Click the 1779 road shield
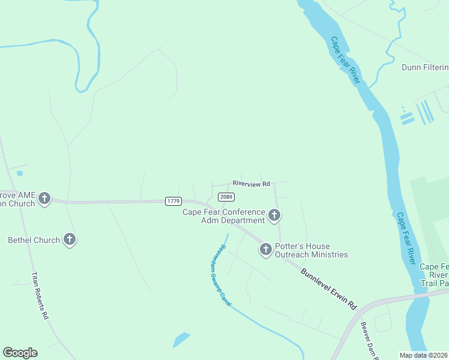click(173, 202)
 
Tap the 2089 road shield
click(226, 197)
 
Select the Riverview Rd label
click(252, 183)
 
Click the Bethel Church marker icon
click(70, 240)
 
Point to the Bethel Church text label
click(34, 240)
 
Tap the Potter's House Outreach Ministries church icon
click(266, 249)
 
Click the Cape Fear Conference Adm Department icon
click(274, 215)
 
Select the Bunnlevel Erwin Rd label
click(328, 289)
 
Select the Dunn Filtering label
click(425, 67)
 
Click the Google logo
click(20, 353)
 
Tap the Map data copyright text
click(424, 355)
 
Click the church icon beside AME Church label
click(44, 199)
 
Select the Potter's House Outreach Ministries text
click(311, 250)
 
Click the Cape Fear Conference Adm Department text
click(224, 216)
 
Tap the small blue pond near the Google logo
click(181, 340)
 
